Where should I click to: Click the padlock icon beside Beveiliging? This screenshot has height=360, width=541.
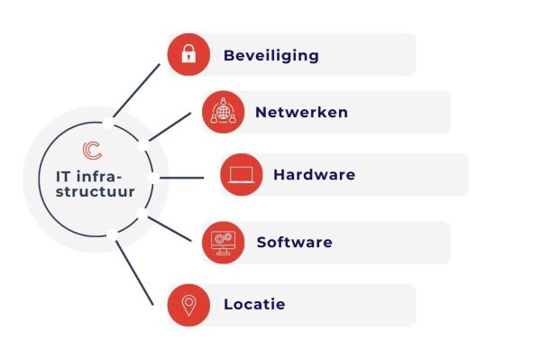[188, 55]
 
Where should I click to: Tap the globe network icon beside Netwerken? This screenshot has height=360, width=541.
[222, 112]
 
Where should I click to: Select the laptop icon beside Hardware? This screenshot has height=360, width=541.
[242, 175]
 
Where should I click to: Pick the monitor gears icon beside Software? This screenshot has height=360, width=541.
[222, 242]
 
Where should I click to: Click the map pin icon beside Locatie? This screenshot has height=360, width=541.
[188, 305]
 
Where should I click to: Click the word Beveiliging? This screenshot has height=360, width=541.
[271, 56]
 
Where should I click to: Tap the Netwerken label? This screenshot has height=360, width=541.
[301, 113]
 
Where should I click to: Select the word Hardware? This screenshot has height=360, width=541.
[314, 175]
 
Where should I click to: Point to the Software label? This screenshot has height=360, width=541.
[294, 243]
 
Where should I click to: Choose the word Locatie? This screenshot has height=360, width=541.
[254, 305]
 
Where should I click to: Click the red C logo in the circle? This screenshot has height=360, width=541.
[91, 150]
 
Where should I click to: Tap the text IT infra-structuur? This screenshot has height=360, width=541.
[88, 182]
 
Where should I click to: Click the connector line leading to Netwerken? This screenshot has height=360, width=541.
[170, 126]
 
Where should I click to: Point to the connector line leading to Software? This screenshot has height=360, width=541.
[170, 228]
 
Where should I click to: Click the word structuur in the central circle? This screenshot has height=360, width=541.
[88, 191]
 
